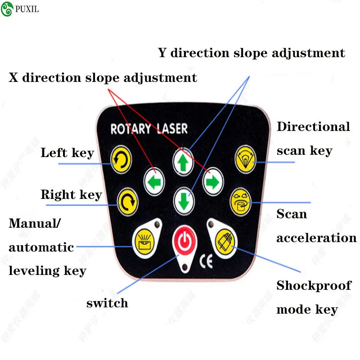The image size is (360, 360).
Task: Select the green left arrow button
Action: (154, 181)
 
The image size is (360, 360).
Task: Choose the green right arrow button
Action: (211, 181)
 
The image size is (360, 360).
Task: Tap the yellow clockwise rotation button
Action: (127, 203)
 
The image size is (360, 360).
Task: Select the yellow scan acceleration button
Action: (241, 202)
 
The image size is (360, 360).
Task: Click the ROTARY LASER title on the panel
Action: (149, 129)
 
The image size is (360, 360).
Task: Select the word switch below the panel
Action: (107, 303)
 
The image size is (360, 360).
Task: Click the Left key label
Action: (67, 153)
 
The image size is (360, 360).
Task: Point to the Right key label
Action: (72, 195)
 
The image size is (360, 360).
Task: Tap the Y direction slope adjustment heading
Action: (252, 53)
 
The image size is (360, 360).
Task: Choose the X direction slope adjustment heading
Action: (103, 77)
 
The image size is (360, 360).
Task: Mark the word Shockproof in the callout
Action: (314, 286)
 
